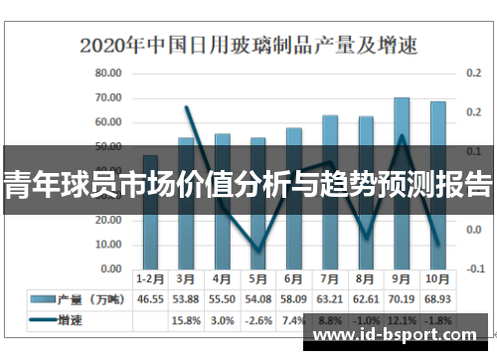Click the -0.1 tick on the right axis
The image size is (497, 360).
click(x=472, y=270)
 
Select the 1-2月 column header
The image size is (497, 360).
click(x=150, y=278)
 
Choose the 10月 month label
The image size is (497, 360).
click(x=437, y=278)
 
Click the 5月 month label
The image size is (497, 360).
click(x=257, y=278)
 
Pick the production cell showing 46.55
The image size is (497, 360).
click(x=150, y=298)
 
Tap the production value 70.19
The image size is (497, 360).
click(x=402, y=298)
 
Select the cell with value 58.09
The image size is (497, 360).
click(x=293, y=298)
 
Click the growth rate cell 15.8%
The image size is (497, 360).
click(x=186, y=320)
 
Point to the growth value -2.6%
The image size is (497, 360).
click(x=257, y=320)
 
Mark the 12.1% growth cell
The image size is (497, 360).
click(x=402, y=320)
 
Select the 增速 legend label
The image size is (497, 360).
click(x=71, y=320)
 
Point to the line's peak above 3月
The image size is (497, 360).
click(x=187, y=106)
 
